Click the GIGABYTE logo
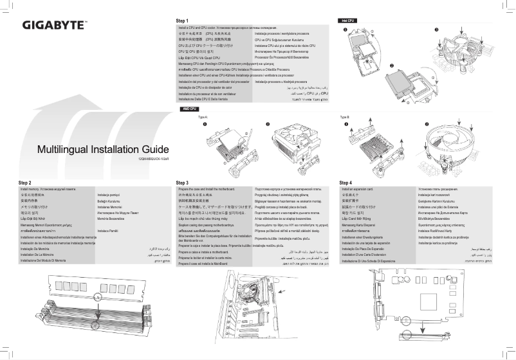(x=55, y=26)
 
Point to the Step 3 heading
(x=182, y=183)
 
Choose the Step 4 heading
(x=346, y=183)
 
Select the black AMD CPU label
(x=190, y=110)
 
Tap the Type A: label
(x=203, y=118)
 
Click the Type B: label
(x=344, y=118)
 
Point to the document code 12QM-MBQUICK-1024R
(x=154, y=158)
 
